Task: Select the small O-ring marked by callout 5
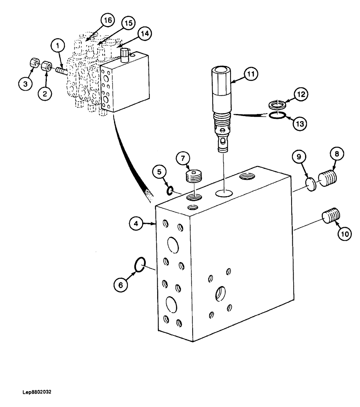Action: point(171,190)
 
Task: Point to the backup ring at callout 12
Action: point(277,105)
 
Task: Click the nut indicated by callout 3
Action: point(34,63)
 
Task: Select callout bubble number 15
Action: point(127,24)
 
